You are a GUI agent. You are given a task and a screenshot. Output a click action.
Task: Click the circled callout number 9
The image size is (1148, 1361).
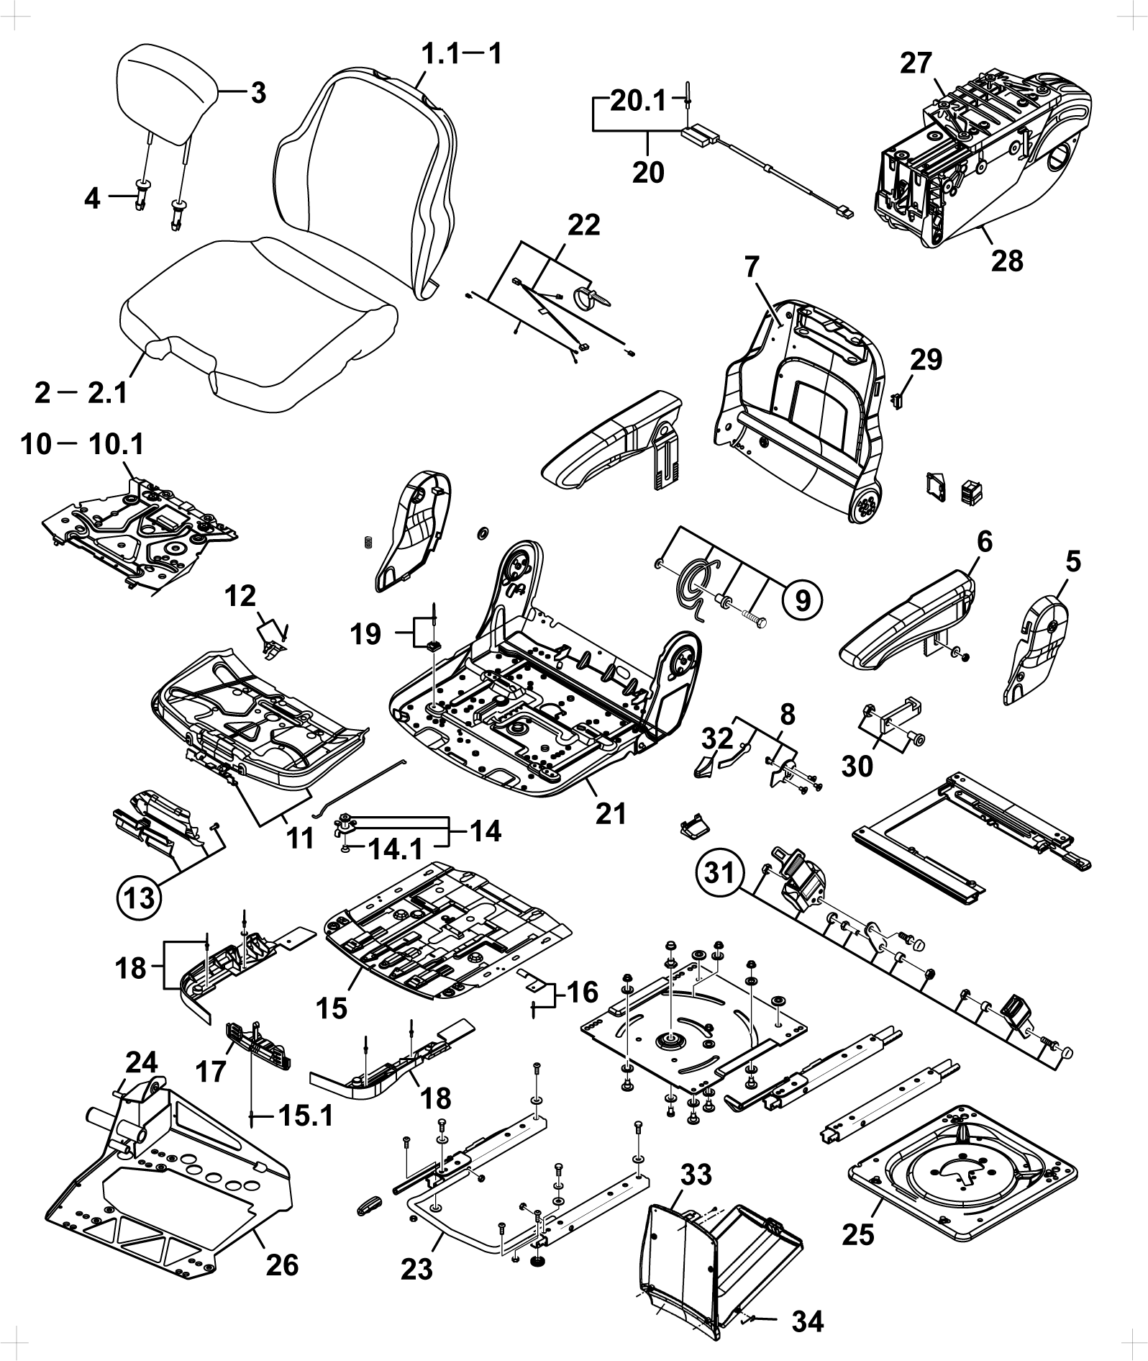pyautogui.click(x=803, y=598)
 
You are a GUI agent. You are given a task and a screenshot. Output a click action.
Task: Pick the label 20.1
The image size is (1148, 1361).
pyautogui.click(x=639, y=101)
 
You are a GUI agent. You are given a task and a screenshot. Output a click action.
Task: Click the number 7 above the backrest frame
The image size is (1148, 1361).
pyautogui.click(x=752, y=268)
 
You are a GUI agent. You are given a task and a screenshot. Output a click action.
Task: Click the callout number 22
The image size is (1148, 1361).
pyautogui.click(x=583, y=225)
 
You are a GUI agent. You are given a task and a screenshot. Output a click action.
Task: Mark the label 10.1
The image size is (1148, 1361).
pyautogui.click(x=116, y=444)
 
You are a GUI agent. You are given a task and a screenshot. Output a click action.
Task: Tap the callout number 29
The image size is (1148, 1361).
pyautogui.click(x=925, y=359)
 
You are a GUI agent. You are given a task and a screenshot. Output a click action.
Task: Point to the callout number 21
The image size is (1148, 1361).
pyautogui.click(x=610, y=813)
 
